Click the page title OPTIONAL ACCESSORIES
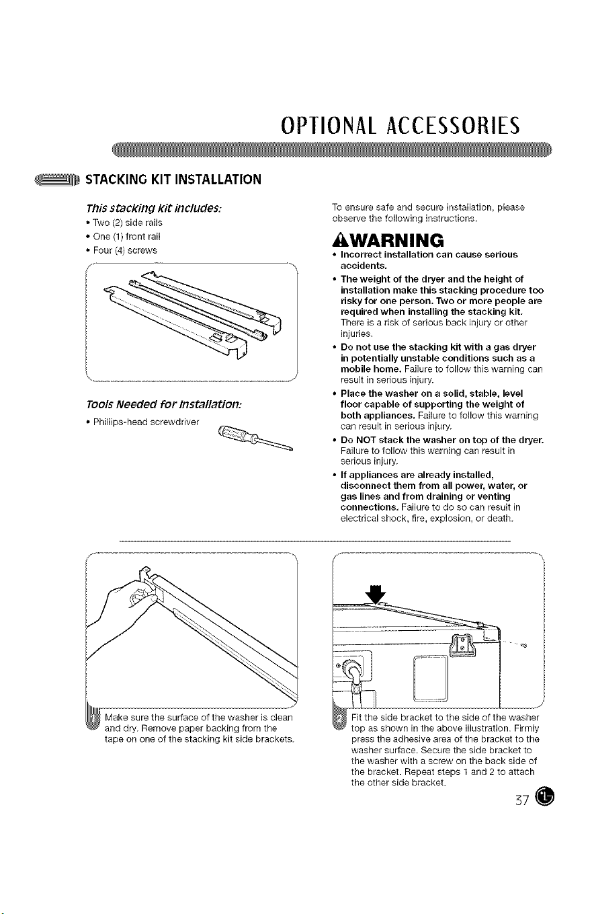pyautogui.click(x=400, y=125)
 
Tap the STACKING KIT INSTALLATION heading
pyautogui.click(x=173, y=180)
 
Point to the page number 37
pyautogui.click(x=522, y=801)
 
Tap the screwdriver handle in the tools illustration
pyautogui.click(x=232, y=433)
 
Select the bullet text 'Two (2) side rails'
pyautogui.click(x=128, y=223)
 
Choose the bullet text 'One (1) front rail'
pyautogui.click(x=127, y=237)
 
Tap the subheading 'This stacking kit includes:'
pyautogui.click(x=154, y=208)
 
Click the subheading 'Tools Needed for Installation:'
pyautogui.click(x=164, y=405)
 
